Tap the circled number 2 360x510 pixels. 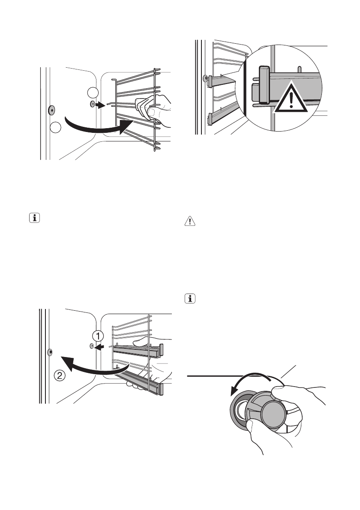click(x=60, y=377)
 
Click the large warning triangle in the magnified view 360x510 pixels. click(x=292, y=98)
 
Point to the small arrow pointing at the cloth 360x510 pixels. click(x=100, y=105)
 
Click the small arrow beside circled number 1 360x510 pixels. click(x=99, y=348)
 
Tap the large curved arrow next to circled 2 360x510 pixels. click(x=94, y=367)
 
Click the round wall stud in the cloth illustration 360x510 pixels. click(x=51, y=110)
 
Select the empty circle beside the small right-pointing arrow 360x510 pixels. click(x=92, y=92)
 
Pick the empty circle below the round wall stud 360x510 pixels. click(x=55, y=127)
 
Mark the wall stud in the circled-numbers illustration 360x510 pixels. click(x=50, y=352)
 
